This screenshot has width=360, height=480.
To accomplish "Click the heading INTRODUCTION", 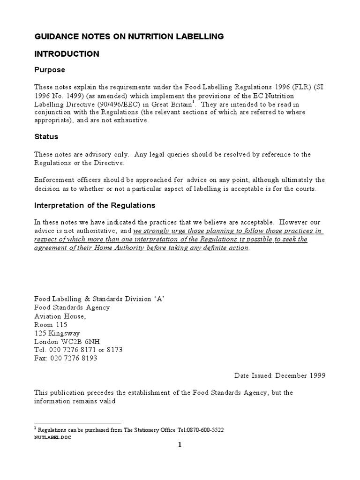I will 67,54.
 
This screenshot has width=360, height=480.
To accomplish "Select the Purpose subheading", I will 50,70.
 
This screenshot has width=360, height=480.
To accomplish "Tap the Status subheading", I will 46,137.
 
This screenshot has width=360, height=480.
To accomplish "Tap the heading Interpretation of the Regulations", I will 95,205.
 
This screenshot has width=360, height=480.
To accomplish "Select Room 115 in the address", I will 51,324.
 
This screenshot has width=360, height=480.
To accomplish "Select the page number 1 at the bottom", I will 179,445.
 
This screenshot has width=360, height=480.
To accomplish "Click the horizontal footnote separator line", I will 78,422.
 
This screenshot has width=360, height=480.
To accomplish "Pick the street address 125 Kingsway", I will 58,333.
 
